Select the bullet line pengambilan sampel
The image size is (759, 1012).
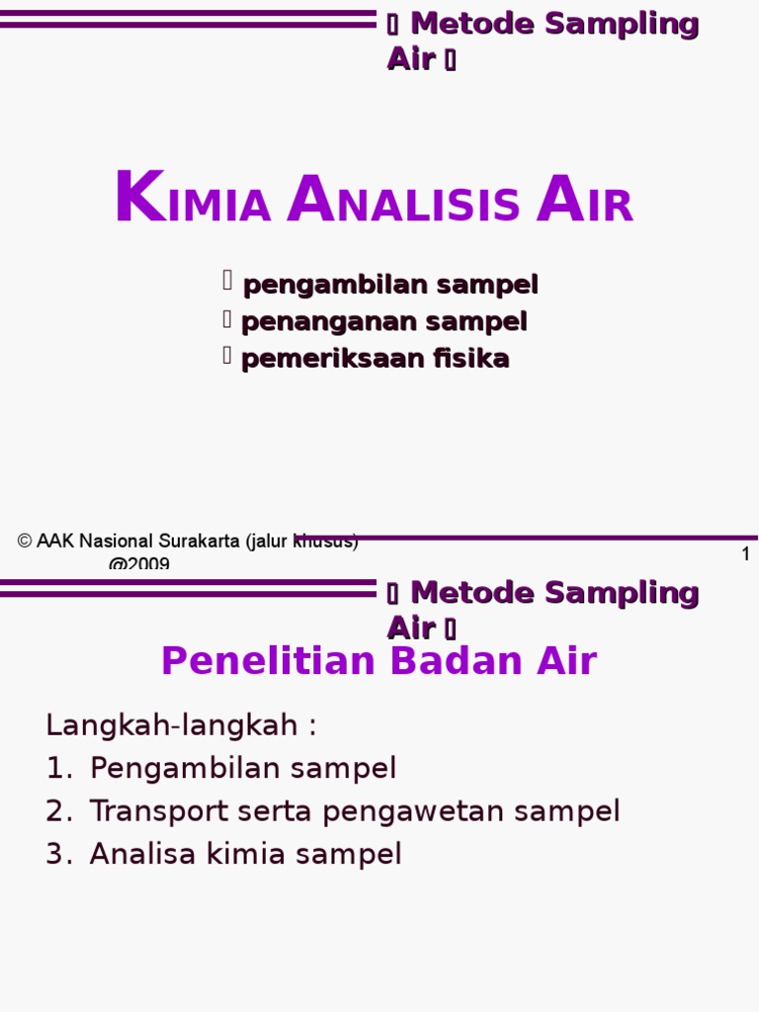pyautogui.click(x=389, y=285)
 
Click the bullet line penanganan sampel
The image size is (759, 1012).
pyautogui.click(x=383, y=321)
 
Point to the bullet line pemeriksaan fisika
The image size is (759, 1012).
pyautogui.click(x=375, y=358)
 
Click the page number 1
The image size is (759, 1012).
pyautogui.click(x=746, y=554)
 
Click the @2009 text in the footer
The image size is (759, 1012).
pyautogui.click(x=138, y=564)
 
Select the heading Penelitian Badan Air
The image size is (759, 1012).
pyautogui.click(x=379, y=661)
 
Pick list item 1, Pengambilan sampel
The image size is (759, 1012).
pyautogui.click(x=242, y=768)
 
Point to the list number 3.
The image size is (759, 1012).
pyautogui.click(x=56, y=854)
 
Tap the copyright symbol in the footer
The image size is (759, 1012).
pyautogui.click(x=25, y=542)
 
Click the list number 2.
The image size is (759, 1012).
pyautogui.click(x=56, y=811)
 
